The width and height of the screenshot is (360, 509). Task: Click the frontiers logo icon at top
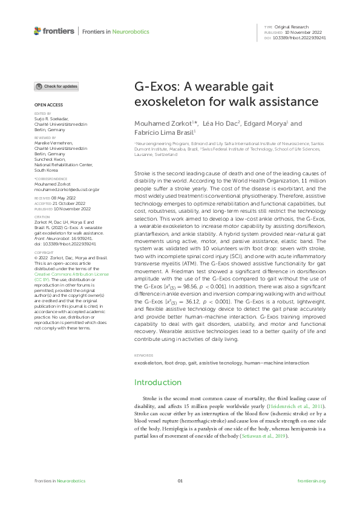coord(38,30)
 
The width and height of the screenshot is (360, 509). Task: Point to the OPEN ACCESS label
coord(46,106)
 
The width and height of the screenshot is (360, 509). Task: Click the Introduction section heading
coord(157,383)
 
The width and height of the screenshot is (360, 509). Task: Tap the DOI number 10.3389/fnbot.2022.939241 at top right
coord(301,37)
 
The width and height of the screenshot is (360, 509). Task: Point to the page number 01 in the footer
coord(180,481)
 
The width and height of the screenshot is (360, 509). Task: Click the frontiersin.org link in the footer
coord(312,481)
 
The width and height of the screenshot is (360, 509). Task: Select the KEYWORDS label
coord(143,356)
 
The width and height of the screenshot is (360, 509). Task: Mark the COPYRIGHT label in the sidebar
coord(43,252)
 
